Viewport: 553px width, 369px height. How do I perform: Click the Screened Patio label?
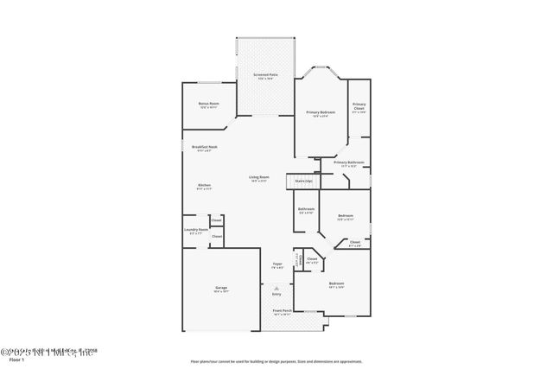point(265,75)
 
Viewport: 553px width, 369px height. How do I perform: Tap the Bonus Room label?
point(208,105)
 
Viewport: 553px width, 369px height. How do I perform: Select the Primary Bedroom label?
point(320,113)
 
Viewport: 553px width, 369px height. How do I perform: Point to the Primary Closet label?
point(359,107)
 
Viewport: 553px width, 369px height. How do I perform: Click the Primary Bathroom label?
point(348,163)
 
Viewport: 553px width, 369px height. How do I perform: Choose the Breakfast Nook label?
point(205,148)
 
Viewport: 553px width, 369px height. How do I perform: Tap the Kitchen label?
point(205,187)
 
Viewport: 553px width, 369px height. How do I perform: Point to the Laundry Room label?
point(196,231)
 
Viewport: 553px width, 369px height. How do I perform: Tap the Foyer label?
point(277,264)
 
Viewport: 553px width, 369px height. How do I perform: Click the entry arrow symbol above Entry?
point(276,287)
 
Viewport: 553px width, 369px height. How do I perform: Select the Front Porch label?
point(283,312)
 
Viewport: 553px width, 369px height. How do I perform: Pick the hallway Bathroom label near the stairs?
point(306,210)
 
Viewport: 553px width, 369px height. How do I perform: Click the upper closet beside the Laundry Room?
point(217,220)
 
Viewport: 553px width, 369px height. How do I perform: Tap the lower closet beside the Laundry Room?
point(217,237)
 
